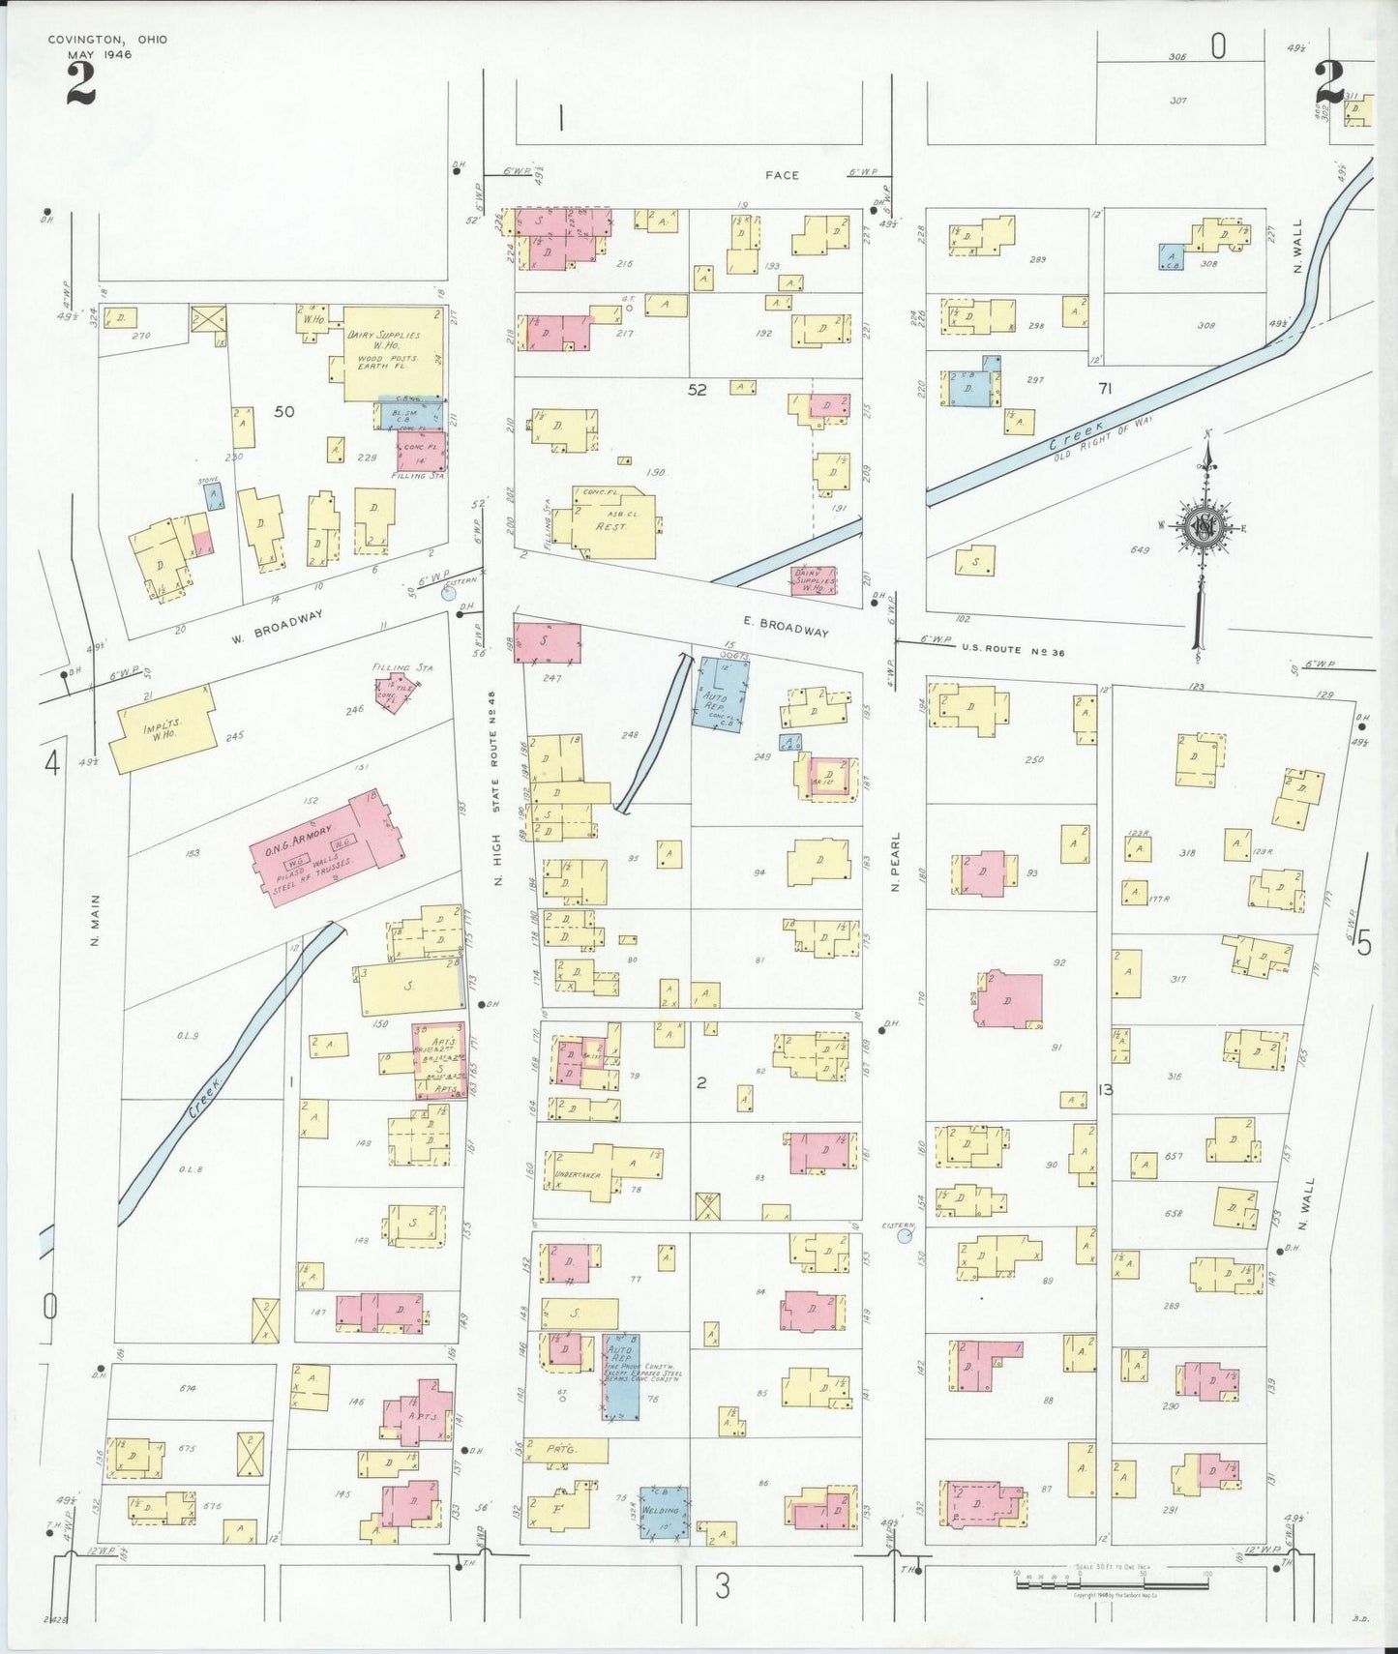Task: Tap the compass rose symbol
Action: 1204,528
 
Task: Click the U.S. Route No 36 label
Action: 1012,651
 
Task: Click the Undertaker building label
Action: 579,1175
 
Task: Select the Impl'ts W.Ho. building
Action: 161,728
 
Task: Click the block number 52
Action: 697,390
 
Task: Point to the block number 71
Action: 1105,389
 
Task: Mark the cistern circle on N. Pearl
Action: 905,1235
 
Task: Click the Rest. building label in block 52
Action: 611,526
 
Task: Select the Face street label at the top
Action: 782,175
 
